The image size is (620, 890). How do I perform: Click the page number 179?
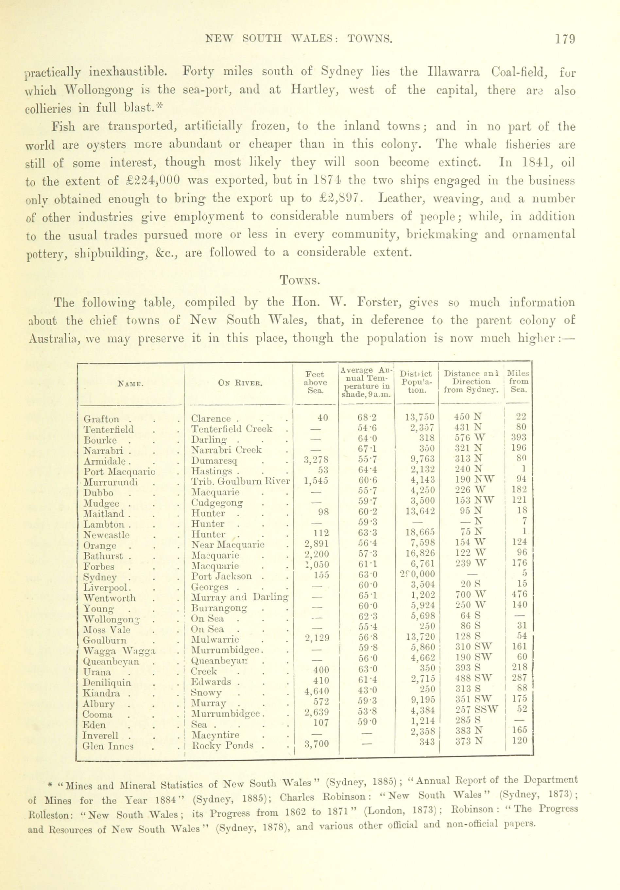tap(565, 40)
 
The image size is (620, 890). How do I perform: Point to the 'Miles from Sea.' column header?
tap(519, 382)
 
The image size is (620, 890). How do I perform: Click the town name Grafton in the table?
tap(101, 419)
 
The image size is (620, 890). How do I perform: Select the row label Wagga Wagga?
tap(119, 651)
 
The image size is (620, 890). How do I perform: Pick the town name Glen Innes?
tap(108, 746)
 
